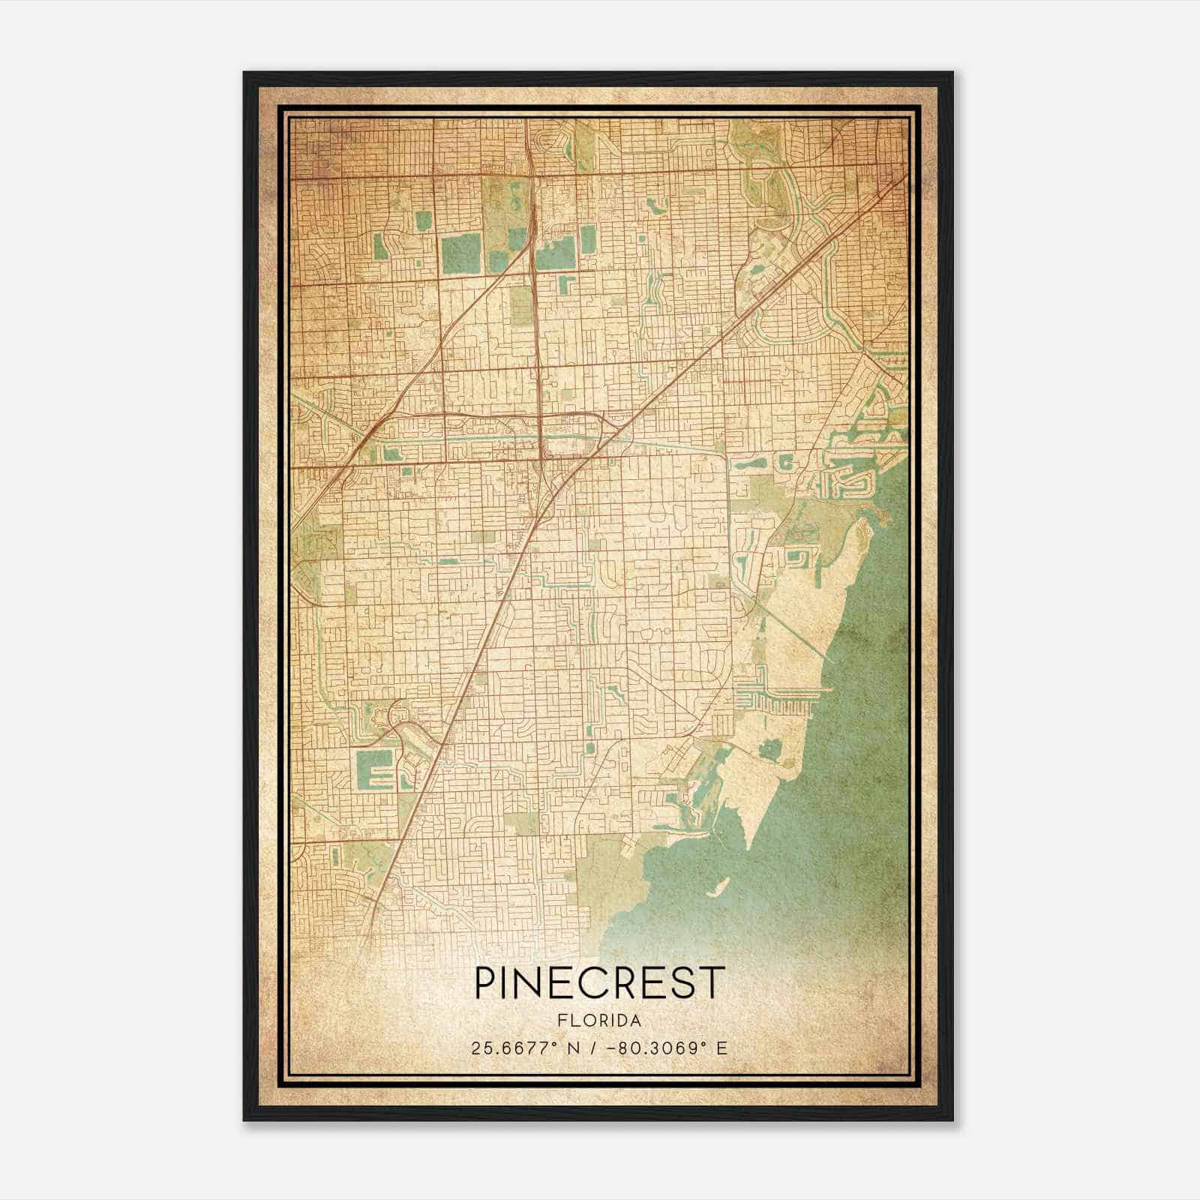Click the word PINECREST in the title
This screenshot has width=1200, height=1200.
(600, 982)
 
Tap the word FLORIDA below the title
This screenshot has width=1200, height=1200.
(600, 1021)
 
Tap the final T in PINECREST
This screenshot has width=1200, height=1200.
(715, 982)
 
